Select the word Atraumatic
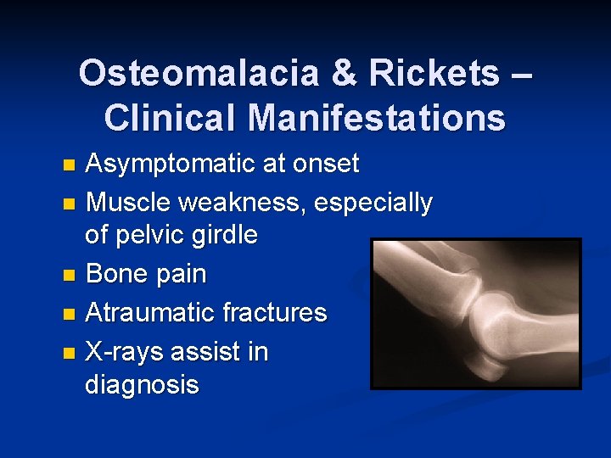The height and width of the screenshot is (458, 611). click(150, 312)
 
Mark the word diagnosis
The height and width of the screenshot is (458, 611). click(142, 384)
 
